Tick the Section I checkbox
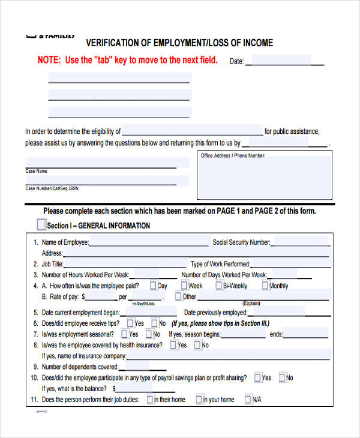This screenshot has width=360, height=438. [41, 225]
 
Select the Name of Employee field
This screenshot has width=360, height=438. [148, 242]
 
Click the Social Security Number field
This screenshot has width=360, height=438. [299, 242]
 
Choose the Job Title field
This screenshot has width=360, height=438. [120, 264]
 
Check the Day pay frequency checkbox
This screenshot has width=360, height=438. [154, 286]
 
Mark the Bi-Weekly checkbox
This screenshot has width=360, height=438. [219, 286]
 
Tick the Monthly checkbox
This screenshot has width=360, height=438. [265, 286]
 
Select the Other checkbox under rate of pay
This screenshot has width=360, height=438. [178, 296]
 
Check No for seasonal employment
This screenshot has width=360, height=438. [148, 334]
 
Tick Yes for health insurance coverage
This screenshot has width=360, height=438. [173, 345]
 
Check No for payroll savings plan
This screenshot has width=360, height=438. [281, 377]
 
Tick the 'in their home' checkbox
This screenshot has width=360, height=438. [151, 399]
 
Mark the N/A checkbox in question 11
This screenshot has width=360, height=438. [247, 399]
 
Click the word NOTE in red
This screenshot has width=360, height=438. [49, 61]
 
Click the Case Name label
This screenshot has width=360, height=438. [36, 171]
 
